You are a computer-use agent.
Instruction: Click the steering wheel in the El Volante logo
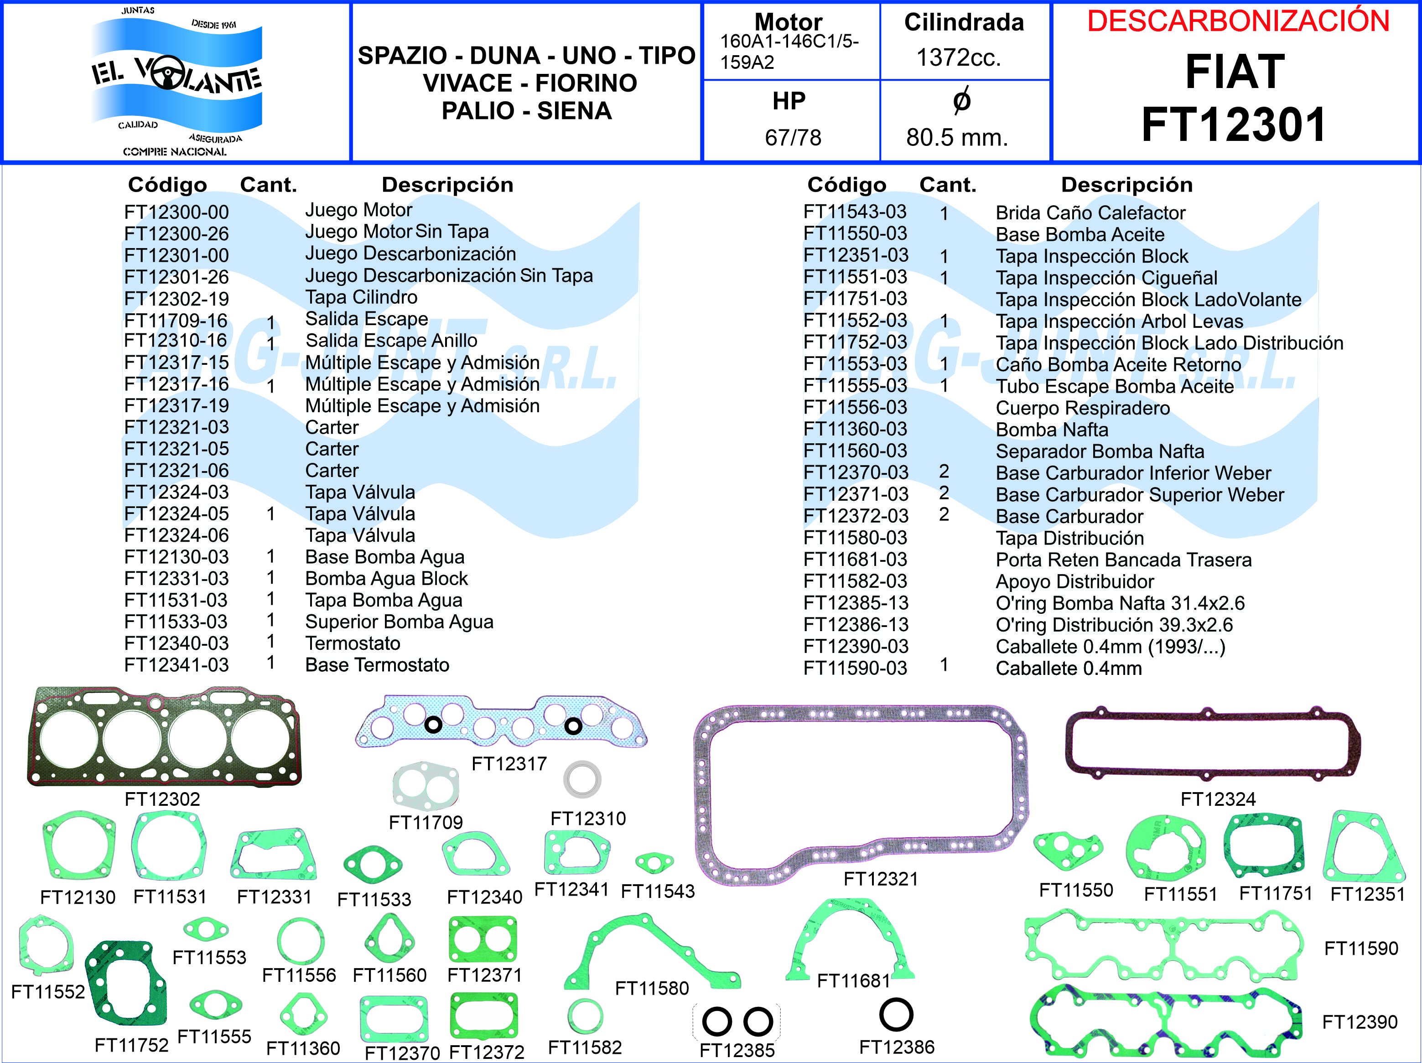pos(166,74)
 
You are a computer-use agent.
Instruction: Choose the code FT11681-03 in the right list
pos(855,560)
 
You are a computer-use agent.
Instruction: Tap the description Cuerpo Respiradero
pos(1083,408)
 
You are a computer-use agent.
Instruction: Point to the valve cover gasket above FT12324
pos(1212,742)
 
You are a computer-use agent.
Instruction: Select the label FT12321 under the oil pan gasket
pos(881,879)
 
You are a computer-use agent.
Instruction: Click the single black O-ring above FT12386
pos(896,1014)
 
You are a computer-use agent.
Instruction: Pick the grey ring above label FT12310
pos(582,779)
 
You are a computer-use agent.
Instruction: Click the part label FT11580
pos(652,988)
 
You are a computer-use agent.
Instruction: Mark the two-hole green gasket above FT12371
pos(482,939)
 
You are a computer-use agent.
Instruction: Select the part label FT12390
pos(1360,1022)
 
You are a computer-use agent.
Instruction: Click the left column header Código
pos(167,185)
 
